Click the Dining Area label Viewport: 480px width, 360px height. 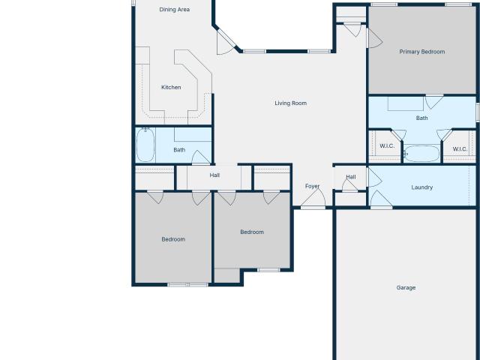(x=175, y=10)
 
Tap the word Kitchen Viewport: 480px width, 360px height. (x=171, y=87)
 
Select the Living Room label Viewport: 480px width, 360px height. (x=290, y=103)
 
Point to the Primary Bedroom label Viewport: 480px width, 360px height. (x=422, y=52)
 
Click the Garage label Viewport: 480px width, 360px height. (x=406, y=287)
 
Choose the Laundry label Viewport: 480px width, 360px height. (x=421, y=187)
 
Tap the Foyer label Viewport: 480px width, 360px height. (x=312, y=186)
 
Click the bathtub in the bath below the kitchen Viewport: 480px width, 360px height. (x=145, y=145)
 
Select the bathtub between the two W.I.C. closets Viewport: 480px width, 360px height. (x=421, y=153)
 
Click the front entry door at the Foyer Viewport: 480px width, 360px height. (x=313, y=199)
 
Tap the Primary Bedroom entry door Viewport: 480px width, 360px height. (x=374, y=38)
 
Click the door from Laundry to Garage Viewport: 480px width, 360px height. (x=381, y=199)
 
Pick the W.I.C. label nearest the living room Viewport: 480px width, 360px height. (x=387, y=146)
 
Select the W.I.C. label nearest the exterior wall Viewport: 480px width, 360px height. (x=460, y=149)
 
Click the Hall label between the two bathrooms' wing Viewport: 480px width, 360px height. (x=214, y=175)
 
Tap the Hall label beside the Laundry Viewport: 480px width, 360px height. (x=351, y=177)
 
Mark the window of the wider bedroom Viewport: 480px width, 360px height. (x=188, y=285)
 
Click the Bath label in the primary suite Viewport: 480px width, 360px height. (x=421, y=118)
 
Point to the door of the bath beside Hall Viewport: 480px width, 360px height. (x=201, y=157)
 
